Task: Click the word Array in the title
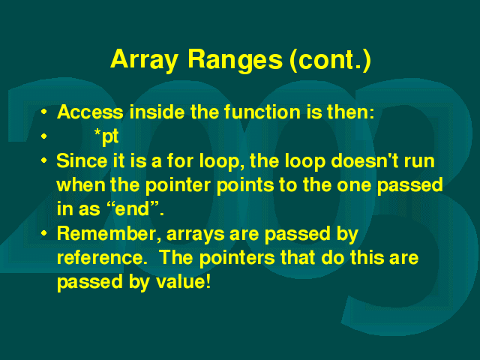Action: [x=144, y=60]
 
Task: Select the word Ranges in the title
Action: [x=235, y=60]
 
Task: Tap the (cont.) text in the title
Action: [x=330, y=59]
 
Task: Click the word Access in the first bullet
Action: [x=90, y=112]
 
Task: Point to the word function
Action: [x=262, y=112]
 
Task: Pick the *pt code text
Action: [x=106, y=136]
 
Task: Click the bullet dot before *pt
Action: [x=44, y=136]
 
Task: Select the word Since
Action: [x=82, y=160]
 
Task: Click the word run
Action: [x=419, y=161]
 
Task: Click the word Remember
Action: [x=109, y=233]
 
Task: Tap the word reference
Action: [x=100, y=258]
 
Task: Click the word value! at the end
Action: [x=183, y=282]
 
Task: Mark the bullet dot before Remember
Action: [x=44, y=233]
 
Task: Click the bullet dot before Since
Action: [x=44, y=160]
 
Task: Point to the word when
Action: [x=81, y=185]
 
